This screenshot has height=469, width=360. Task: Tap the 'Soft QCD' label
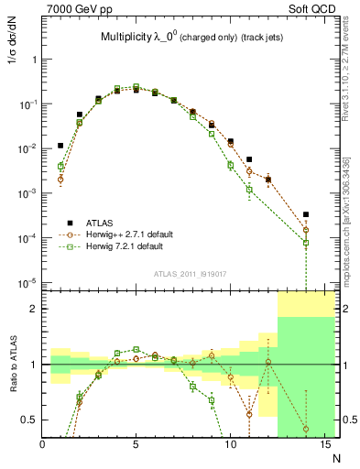click(x=313, y=9)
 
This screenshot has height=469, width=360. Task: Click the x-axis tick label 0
click(x=43, y=445)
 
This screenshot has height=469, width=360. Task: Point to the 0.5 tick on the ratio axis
click(x=29, y=420)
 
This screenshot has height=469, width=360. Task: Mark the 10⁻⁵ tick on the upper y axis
click(x=26, y=282)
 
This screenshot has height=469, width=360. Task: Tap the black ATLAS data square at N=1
click(x=60, y=145)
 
